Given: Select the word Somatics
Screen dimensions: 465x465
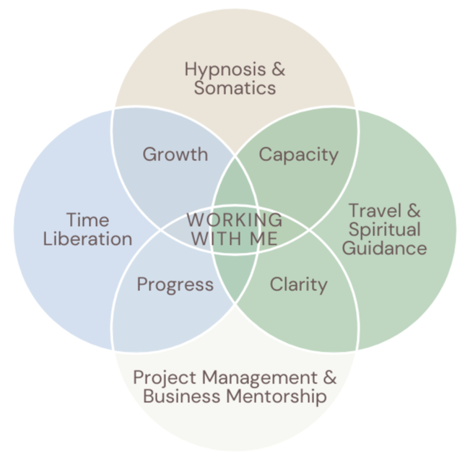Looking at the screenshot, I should (x=235, y=89).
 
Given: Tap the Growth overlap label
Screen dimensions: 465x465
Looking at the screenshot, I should (x=175, y=154).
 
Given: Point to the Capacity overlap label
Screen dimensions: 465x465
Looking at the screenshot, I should (x=298, y=154).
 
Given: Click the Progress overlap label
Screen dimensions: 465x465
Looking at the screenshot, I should (x=175, y=284).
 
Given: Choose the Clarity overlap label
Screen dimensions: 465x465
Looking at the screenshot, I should (x=298, y=284).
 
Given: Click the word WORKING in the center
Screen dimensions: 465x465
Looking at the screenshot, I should (x=234, y=220).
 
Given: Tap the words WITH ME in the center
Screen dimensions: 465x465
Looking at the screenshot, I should (x=234, y=238).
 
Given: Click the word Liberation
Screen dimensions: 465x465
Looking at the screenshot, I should (x=87, y=239).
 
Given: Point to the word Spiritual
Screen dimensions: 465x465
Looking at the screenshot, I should (x=384, y=230).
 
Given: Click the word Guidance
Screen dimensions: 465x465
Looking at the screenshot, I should (x=384, y=249).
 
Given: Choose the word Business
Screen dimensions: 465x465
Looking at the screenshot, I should (x=181, y=396).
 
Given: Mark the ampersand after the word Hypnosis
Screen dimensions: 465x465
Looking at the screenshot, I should (x=277, y=71).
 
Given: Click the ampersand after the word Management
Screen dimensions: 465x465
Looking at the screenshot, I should (x=329, y=378).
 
